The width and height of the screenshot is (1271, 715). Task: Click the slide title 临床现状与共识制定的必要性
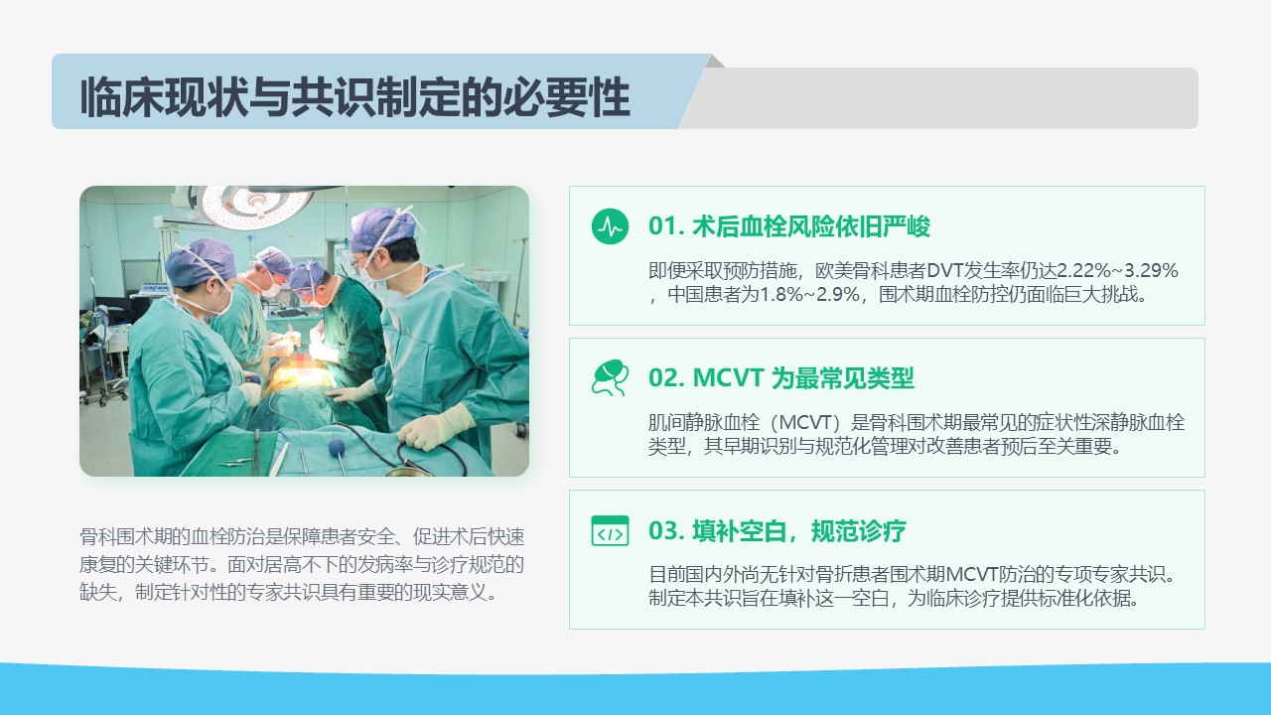pyautogui.click(x=355, y=97)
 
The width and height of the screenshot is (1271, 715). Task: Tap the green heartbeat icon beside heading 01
pyautogui.click(x=610, y=226)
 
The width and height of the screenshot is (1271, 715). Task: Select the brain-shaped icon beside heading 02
pyautogui.click(x=610, y=377)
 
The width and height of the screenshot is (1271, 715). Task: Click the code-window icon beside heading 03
pyautogui.click(x=610, y=530)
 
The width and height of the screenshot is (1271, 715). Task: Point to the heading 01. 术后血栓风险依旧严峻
pyautogui.click(x=789, y=226)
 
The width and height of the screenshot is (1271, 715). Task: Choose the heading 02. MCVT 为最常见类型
pyautogui.click(x=781, y=378)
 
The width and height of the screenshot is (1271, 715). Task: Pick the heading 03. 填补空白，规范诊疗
pyautogui.click(x=777, y=531)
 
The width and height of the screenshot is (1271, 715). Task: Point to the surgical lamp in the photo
pyautogui.click(x=255, y=206)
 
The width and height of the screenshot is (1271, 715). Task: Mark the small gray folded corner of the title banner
pyautogui.click(x=715, y=61)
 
